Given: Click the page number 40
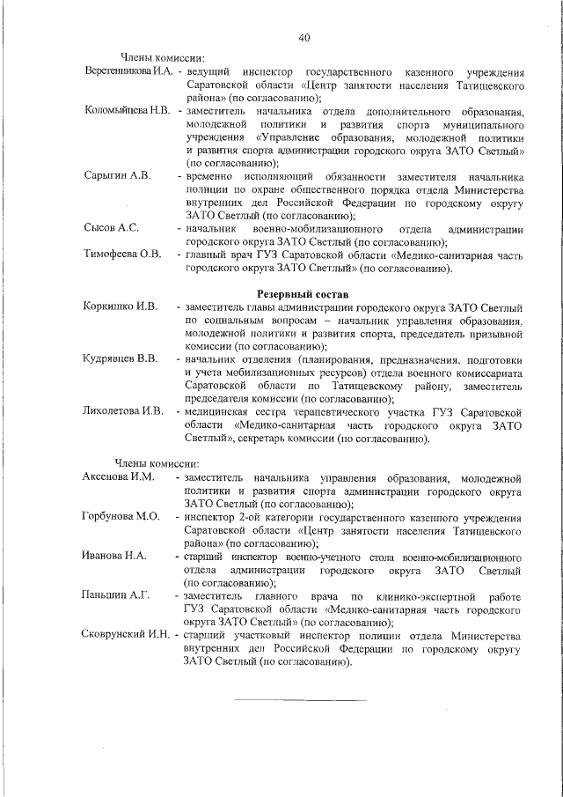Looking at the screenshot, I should (304, 37).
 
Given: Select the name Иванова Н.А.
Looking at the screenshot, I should (114, 557).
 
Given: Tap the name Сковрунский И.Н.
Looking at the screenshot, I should (128, 636).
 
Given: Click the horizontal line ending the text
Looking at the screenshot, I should (300, 701).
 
